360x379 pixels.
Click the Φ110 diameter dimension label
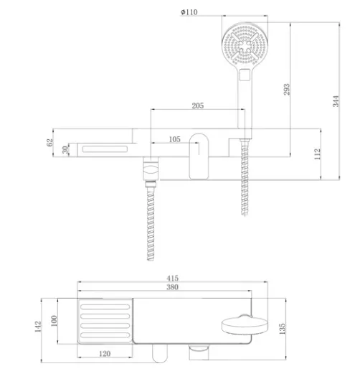pyautogui.click(x=189, y=11)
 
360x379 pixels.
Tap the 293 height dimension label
pyautogui.click(x=286, y=90)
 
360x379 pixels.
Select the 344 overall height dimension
pyautogui.click(x=336, y=101)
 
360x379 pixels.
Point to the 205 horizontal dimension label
pyautogui.click(x=198, y=106)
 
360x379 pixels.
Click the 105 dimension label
pyautogui.click(x=174, y=139)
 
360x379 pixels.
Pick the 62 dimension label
pyautogui.click(x=49, y=142)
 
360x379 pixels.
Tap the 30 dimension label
pyautogui.click(x=65, y=150)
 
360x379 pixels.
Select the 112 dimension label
pyautogui.click(x=317, y=154)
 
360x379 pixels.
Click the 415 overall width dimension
pyautogui.click(x=172, y=279)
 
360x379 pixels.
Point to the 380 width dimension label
pyautogui.click(x=172, y=287)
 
